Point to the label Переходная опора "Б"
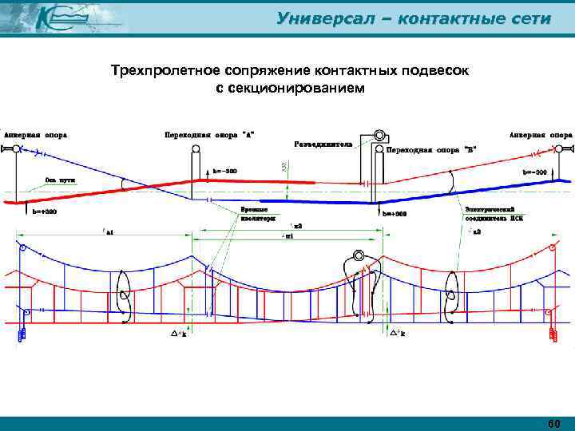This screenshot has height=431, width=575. (432, 149)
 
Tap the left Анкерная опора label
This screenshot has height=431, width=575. (36, 135)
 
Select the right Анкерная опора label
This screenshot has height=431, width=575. (540, 135)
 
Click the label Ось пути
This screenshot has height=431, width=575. (61, 180)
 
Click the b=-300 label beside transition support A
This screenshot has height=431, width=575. (224, 171)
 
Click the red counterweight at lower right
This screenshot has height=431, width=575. (551, 334)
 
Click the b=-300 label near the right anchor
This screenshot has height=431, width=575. (534, 172)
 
